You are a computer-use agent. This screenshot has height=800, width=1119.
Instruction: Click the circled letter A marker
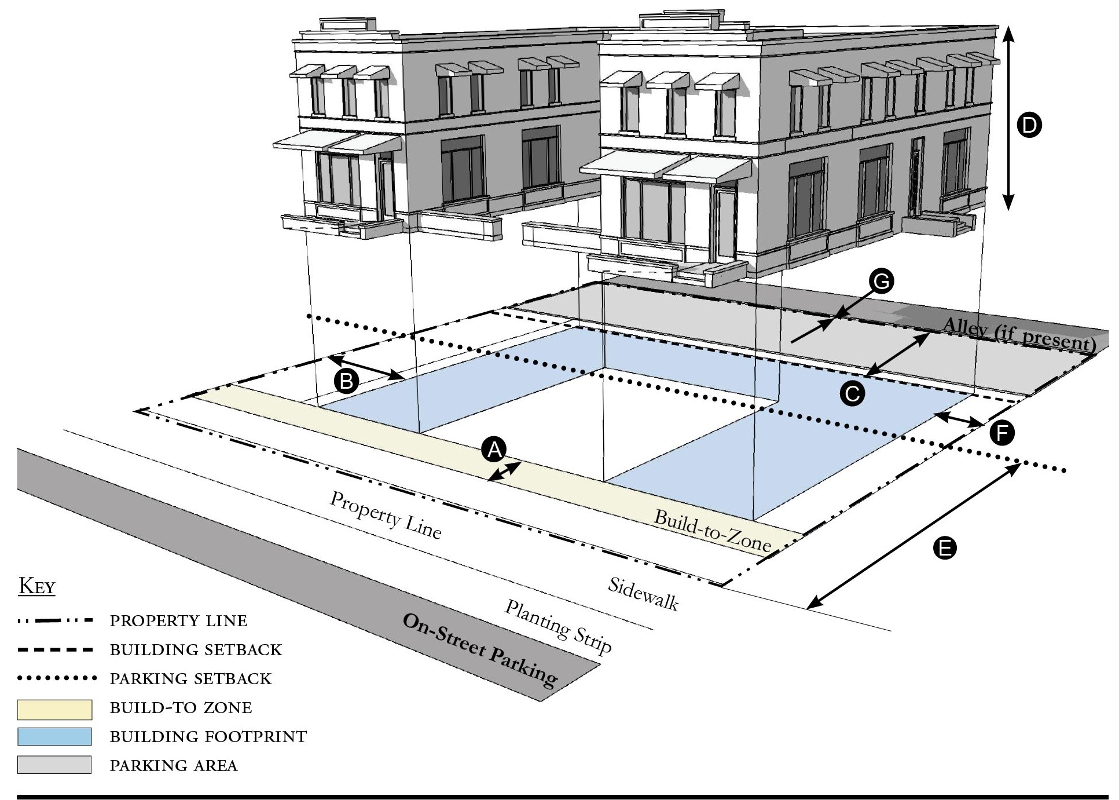tap(494, 450)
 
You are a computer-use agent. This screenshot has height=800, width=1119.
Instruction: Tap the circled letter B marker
tap(346, 381)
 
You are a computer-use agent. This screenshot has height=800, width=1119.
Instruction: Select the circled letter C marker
tap(852, 393)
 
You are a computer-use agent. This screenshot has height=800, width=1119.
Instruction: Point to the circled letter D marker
tap(1029, 125)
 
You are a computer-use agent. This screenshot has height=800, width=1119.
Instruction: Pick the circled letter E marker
tap(944, 547)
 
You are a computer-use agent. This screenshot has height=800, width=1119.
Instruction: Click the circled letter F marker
tap(1001, 433)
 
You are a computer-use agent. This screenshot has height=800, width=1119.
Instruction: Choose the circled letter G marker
tap(881, 282)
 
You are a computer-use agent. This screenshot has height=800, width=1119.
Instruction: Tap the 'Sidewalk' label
tap(643, 594)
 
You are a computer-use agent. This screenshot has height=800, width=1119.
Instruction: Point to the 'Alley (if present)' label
tap(1018, 334)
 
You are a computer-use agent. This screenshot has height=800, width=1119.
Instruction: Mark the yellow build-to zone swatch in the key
tap(54, 709)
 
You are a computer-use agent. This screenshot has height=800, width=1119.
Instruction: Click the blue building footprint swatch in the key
tap(54, 737)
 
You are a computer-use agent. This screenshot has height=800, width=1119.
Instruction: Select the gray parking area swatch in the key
tap(54, 765)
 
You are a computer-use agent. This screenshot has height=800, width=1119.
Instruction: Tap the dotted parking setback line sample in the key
tap(56, 678)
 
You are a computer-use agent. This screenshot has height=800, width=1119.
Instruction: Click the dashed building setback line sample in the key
tap(56, 650)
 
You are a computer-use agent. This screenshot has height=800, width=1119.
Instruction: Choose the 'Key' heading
tap(37, 586)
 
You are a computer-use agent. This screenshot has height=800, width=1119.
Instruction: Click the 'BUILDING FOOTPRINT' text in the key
tap(208, 737)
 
